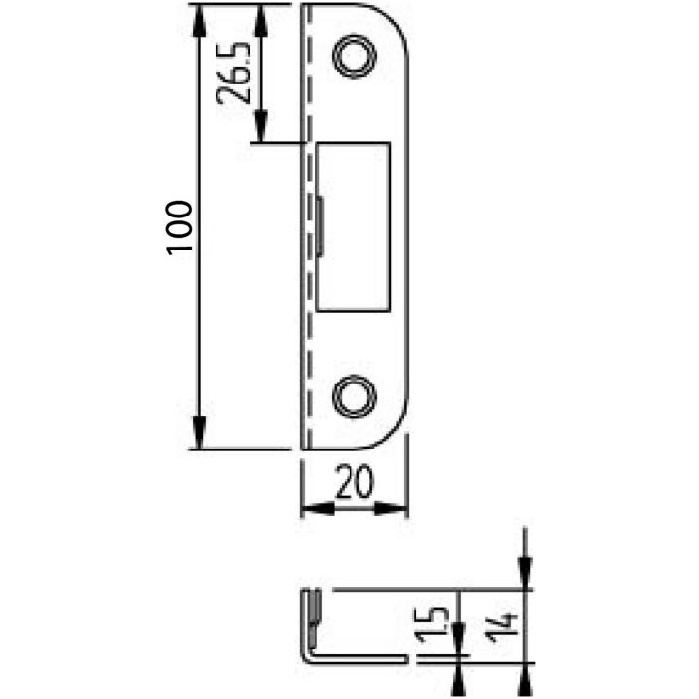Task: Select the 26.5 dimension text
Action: click(233, 73)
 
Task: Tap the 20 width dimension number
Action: click(354, 482)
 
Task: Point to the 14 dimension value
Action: click(503, 628)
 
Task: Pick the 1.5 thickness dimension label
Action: click(433, 624)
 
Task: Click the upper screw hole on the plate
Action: click(355, 56)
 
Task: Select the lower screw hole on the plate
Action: click(355, 396)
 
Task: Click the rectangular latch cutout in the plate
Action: click(353, 226)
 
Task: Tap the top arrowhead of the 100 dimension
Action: click(198, 20)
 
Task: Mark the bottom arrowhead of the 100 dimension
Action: click(199, 432)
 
